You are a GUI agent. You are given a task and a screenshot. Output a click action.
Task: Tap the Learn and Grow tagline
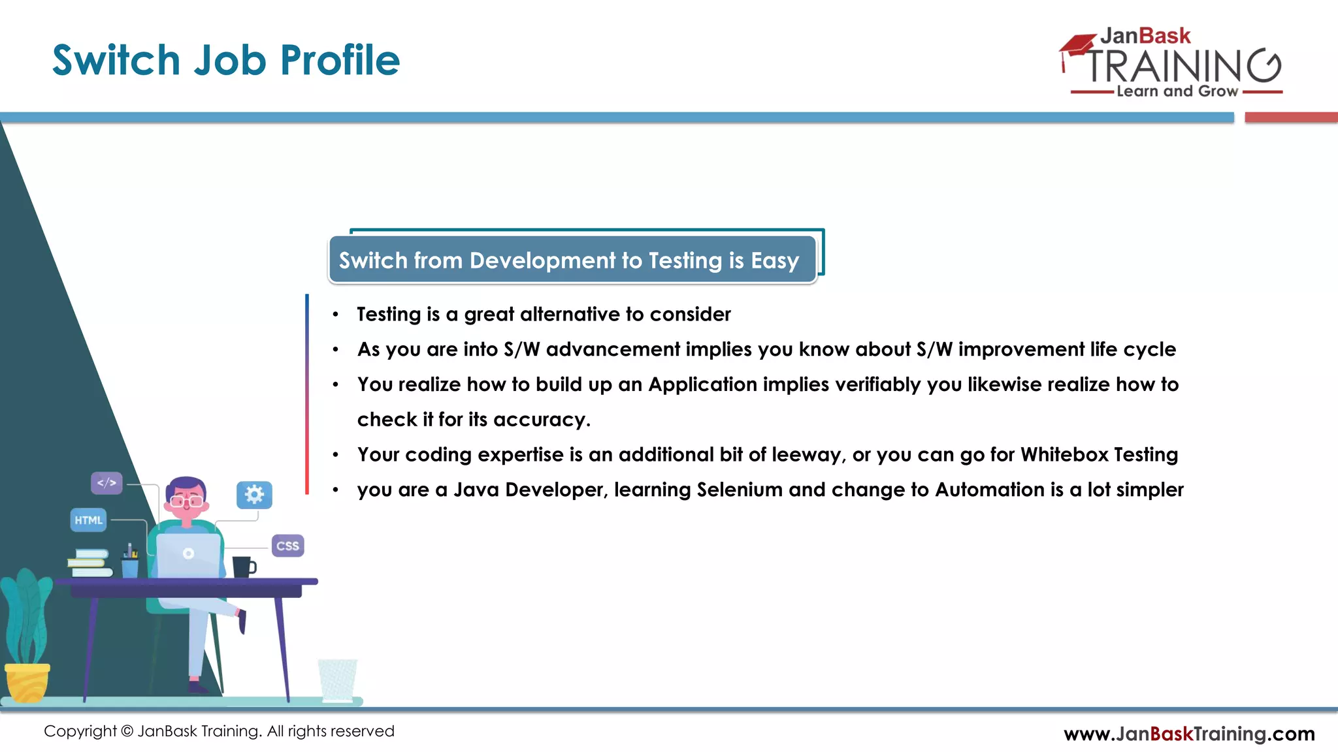point(1177,91)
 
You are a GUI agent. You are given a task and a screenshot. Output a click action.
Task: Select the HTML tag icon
point(88,520)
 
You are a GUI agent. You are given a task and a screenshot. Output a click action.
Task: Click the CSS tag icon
point(287,546)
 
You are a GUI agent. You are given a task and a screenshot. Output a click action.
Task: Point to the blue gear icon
point(254,495)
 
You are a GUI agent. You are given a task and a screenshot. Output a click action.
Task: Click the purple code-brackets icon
point(106,483)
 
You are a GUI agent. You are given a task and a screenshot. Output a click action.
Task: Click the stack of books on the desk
point(89,563)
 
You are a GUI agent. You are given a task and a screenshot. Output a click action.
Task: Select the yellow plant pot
point(27,681)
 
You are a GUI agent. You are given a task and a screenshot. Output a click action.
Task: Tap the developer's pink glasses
point(186,501)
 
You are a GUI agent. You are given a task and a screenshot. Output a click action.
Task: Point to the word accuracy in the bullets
point(541,420)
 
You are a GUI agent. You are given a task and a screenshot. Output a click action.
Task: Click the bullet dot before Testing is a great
point(335,315)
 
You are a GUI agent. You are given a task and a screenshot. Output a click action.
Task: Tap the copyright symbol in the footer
point(127,731)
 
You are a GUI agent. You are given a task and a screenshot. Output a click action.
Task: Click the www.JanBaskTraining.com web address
point(1189,734)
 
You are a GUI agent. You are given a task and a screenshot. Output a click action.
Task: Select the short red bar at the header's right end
point(1291,117)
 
